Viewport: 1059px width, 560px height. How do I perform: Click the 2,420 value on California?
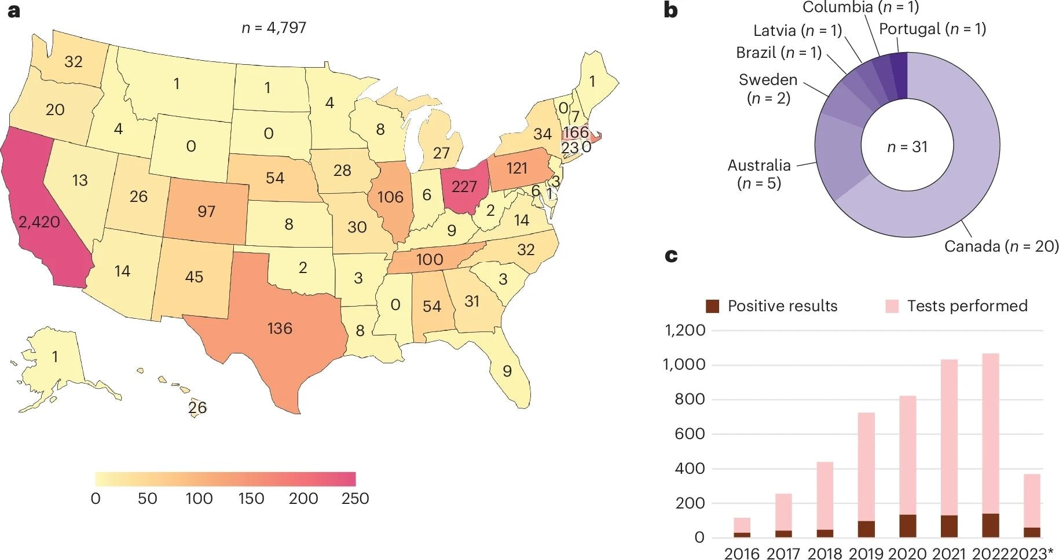pos(39,222)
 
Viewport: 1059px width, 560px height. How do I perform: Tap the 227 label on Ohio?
pos(464,186)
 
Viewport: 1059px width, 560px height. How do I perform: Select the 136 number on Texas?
pos(280,328)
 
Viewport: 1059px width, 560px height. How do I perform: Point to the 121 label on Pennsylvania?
pos(516,168)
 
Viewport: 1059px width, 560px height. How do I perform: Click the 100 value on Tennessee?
pos(429,259)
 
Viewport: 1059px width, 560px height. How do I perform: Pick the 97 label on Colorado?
pos(206,211)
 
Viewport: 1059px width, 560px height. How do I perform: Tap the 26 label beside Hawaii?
pos(197,407)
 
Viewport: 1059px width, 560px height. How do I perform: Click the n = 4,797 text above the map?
pos(274,27)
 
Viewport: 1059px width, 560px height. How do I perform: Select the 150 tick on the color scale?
pos(251,498)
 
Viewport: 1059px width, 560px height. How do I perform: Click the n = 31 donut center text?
pos(907,147)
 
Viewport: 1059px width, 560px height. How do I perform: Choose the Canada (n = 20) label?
pos(1001,246)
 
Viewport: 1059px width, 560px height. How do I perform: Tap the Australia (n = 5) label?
pos(759,174)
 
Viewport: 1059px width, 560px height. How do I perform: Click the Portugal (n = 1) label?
pos(932,28)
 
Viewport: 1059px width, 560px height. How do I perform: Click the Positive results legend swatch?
pos(713,306)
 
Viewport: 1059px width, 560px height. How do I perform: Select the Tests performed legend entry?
pos(967,305)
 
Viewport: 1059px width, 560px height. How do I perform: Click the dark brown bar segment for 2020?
pos(907,525)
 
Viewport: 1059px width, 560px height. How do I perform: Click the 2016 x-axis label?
pos(742,553)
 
